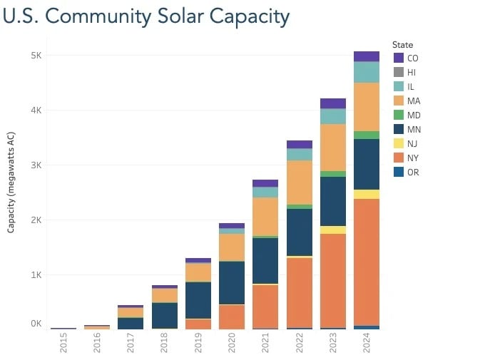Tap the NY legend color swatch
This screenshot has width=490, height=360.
click(399, 158)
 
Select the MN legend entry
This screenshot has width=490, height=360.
click(413, 130)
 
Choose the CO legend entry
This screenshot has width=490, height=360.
click(413, 58)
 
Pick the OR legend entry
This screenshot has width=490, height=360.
click(413, 173)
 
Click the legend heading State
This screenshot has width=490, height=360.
click(403, 44)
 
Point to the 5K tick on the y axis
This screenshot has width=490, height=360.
click(36, 56)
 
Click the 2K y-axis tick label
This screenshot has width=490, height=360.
click(36, 220)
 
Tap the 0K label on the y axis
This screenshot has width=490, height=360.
click(36, 324)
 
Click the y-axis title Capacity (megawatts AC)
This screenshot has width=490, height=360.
click(11, 182)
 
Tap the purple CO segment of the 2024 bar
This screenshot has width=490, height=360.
click(367, 56)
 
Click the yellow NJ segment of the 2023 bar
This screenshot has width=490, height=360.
click(332, 230)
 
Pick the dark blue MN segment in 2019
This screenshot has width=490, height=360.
click(198, 300)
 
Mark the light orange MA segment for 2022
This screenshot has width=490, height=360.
click(299, 182)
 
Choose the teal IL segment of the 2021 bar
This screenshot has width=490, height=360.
click(265, 192)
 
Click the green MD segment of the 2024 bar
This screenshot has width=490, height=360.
click(367, 135)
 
